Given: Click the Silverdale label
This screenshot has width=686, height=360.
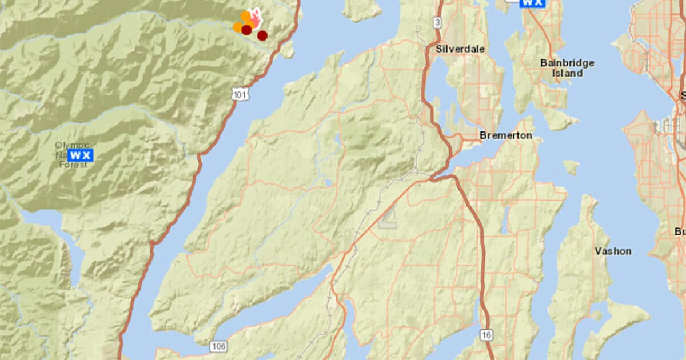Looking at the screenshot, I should point(460,49).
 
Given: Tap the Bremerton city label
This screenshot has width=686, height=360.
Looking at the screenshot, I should point(506,135).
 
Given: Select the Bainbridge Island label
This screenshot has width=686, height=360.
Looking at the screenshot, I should point(567,63).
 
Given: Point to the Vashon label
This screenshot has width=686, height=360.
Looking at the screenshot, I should point(613,251).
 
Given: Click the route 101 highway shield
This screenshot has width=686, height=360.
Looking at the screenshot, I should point(241,94).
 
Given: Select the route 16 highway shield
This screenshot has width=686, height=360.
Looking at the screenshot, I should point(486,335).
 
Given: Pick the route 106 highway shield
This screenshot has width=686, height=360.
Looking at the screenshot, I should point(218,346).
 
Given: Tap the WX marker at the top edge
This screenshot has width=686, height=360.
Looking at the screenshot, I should point(532,3).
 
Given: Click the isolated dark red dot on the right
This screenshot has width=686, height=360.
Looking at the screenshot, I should point(262,35).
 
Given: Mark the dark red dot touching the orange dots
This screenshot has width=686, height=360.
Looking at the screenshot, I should point(246,30).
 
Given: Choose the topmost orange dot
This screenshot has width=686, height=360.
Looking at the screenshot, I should point(245,15).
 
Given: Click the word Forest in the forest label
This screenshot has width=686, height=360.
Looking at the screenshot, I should point(74,165).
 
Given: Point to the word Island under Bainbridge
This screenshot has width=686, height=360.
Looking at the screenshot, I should point(567,73).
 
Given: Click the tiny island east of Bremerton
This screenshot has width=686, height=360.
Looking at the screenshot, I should point(571,167).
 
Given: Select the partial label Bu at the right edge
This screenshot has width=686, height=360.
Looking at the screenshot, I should point(680,231).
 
